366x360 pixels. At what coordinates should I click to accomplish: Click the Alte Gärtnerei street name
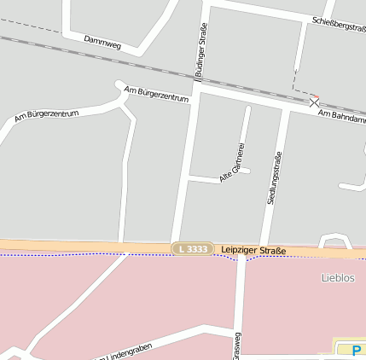233,162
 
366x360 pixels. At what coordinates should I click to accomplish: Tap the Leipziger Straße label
253,250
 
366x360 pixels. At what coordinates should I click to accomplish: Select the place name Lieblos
338,278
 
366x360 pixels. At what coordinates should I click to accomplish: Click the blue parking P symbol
355,349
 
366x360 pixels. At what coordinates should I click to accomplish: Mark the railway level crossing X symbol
314,101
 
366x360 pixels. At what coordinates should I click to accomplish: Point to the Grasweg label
236,346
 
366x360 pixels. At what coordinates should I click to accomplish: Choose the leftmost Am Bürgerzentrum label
47,113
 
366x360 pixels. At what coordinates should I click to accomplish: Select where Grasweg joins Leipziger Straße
240,255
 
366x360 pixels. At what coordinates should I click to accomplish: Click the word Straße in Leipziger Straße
272,251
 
